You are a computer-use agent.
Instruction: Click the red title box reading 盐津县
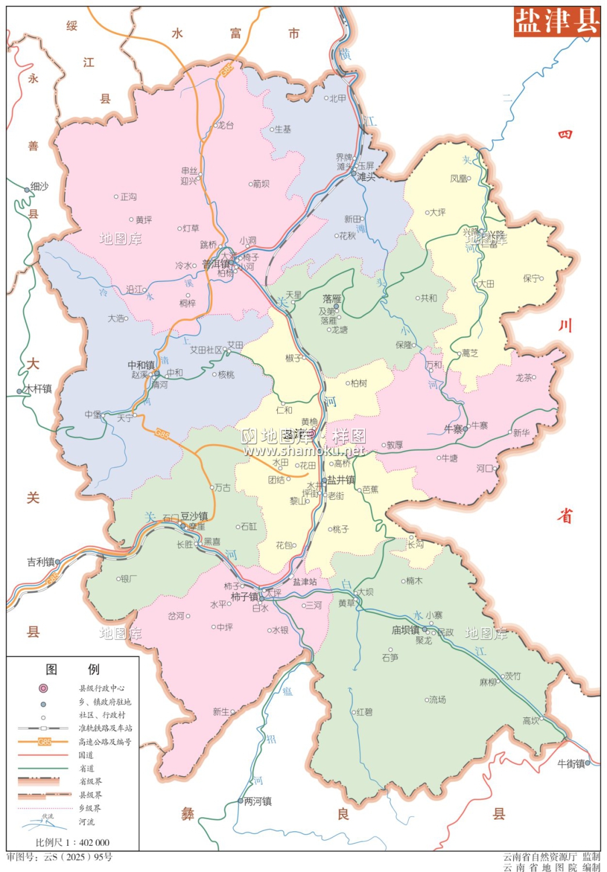[x=556, y=22]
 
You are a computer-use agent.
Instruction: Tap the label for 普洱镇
[x=216, y=265]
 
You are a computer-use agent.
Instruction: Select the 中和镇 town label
[x=141, y=365]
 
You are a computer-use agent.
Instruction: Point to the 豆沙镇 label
[x=194, y=516]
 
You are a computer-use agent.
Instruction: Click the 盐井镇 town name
[x=341, y=480]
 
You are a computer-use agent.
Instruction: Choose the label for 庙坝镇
[x=405, y=630]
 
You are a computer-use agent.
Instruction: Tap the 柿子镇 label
[x=244, y=597]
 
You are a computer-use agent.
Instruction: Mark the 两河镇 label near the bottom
[x=258, y=802]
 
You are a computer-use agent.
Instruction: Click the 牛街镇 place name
[x=571, y=764]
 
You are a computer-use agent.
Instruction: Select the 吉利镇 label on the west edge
[x=40, y=562]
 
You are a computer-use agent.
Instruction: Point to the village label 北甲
[x=338, y=99]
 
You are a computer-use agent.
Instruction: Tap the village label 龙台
[x=226, y=125]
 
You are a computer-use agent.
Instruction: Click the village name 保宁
[x=531, y=278]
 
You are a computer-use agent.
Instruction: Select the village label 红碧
[x=365, y=712]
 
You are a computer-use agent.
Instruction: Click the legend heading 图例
[x=73, y=670]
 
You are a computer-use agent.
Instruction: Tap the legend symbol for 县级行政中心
[x=43, y=688]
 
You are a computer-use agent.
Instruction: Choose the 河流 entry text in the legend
[x=87, y=822]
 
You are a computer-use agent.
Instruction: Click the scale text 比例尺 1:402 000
[x=73, y=842]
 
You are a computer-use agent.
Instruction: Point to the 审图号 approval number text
[x=59, y=857]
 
